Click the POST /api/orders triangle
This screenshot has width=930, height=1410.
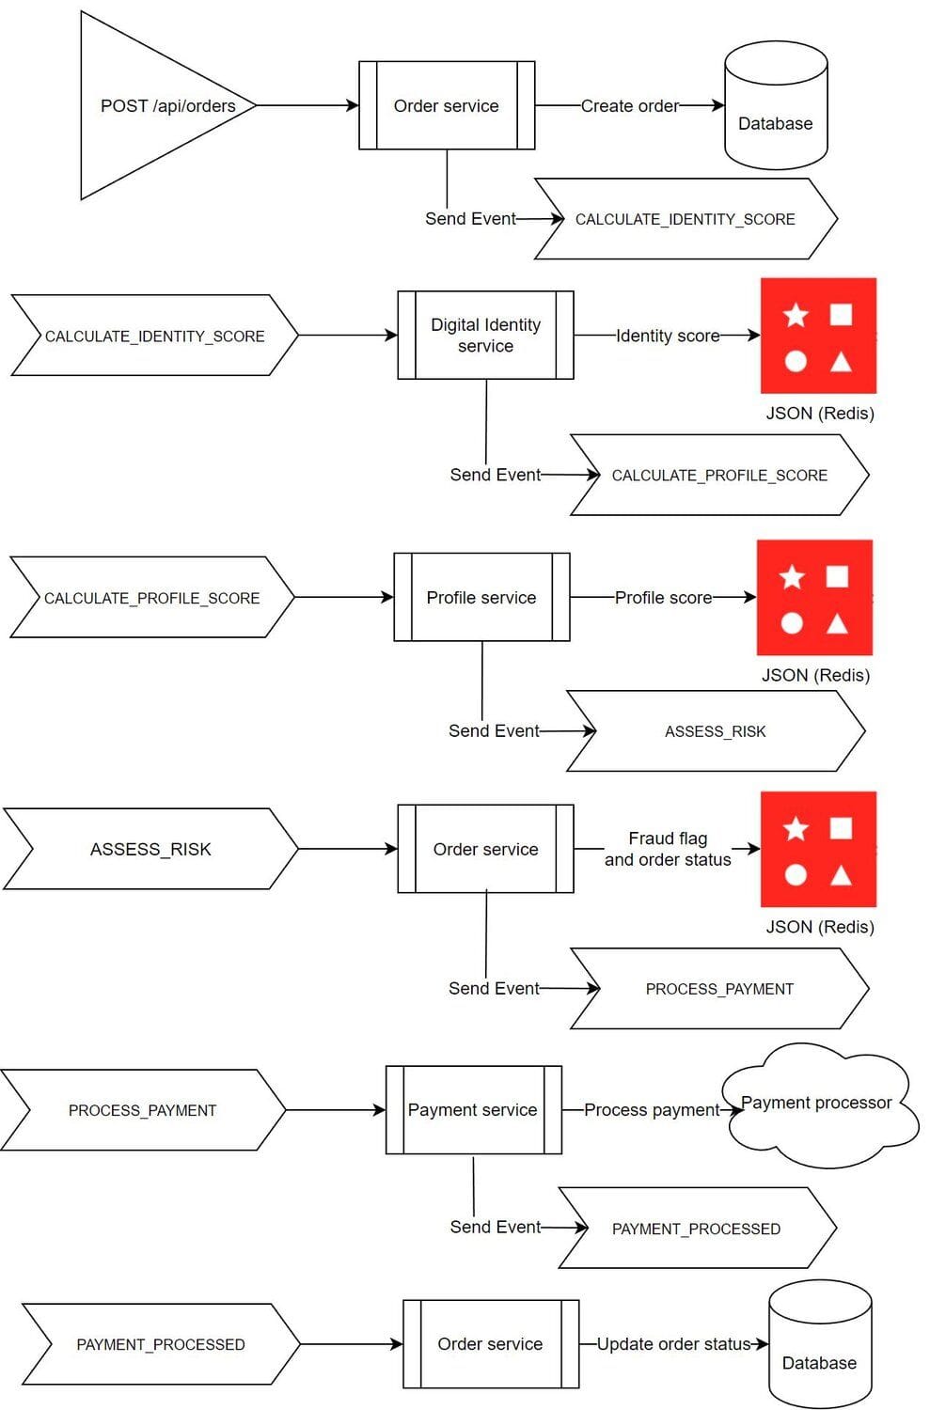pyautogui.click(x=150, y=106)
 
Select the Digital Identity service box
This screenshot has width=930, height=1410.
pyautogui.click(x=485, y=336)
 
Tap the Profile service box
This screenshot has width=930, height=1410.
pyautogui.click(x=481, y=598)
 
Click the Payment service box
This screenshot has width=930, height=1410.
pyautogui.click(x=473, y=1110)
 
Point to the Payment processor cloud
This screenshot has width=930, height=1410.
pyautogui.click(x=816, y=1105)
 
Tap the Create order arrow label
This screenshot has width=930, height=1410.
pyautogui.click(x=629, y=106)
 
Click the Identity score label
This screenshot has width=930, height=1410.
pyautogui.click(x=668, y=336)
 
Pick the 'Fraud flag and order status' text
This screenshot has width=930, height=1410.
pyautogui.click(x=668, y=849)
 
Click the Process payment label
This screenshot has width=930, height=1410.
pyautogui.click(x=652, y=1110)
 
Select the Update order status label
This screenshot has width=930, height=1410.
pyautogui.click(x=673, y=1344)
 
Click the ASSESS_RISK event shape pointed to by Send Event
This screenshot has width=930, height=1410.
pyautogui.click(x=716, y=731)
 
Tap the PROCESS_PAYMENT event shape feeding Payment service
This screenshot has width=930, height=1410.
pyautogui.click(x=142, y=1110)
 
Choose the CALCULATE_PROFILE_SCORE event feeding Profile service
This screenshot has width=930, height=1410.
pyautogui.click(x=151, y=598)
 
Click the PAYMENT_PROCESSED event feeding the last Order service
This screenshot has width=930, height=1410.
pyautogui.click(x=160, y=1344)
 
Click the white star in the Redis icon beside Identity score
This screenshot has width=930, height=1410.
pyautogui.click(x=796, y=315)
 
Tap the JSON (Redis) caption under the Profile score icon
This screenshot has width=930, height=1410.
pyautogui.click(x=815, y=675)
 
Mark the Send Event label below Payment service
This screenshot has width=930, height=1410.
pyautogui.click(x=495, y=1227)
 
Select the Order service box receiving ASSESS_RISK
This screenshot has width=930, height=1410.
pyautogui.click(x=485, y=849)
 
